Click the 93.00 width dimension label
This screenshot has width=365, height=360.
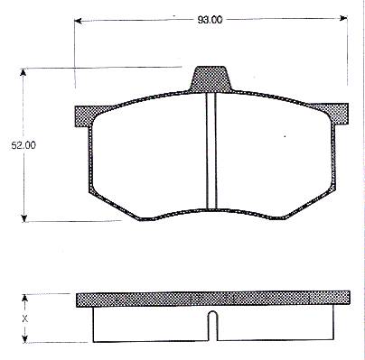(210, 20)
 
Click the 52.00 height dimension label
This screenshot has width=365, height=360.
(23, 145)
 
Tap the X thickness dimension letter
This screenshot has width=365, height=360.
(25, 318)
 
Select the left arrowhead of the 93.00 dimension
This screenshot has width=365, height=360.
(78, 21)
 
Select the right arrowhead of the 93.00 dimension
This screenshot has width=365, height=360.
(343, 18)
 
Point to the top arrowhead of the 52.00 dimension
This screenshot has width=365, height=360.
(23, 72)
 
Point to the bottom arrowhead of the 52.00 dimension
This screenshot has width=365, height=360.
(24, 218)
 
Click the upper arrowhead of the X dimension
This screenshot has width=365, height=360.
(25, 298)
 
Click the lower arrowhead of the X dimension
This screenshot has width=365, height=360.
(25, 338)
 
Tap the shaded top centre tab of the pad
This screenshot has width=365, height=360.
(211, 79)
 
